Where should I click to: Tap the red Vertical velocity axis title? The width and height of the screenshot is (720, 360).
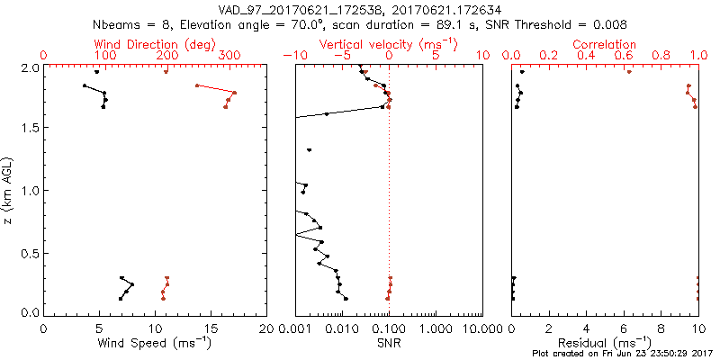[x=387, y=44]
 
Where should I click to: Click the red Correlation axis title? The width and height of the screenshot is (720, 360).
[x=605, y=44]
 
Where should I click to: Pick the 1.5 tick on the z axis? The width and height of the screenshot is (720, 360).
[x=30, y=128]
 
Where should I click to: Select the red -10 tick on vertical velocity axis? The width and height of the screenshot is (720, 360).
[x=292, y=56]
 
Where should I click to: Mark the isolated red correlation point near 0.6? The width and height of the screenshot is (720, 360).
[x=629, y=72]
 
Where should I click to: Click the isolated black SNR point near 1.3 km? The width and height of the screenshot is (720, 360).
[x=309, y=150]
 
